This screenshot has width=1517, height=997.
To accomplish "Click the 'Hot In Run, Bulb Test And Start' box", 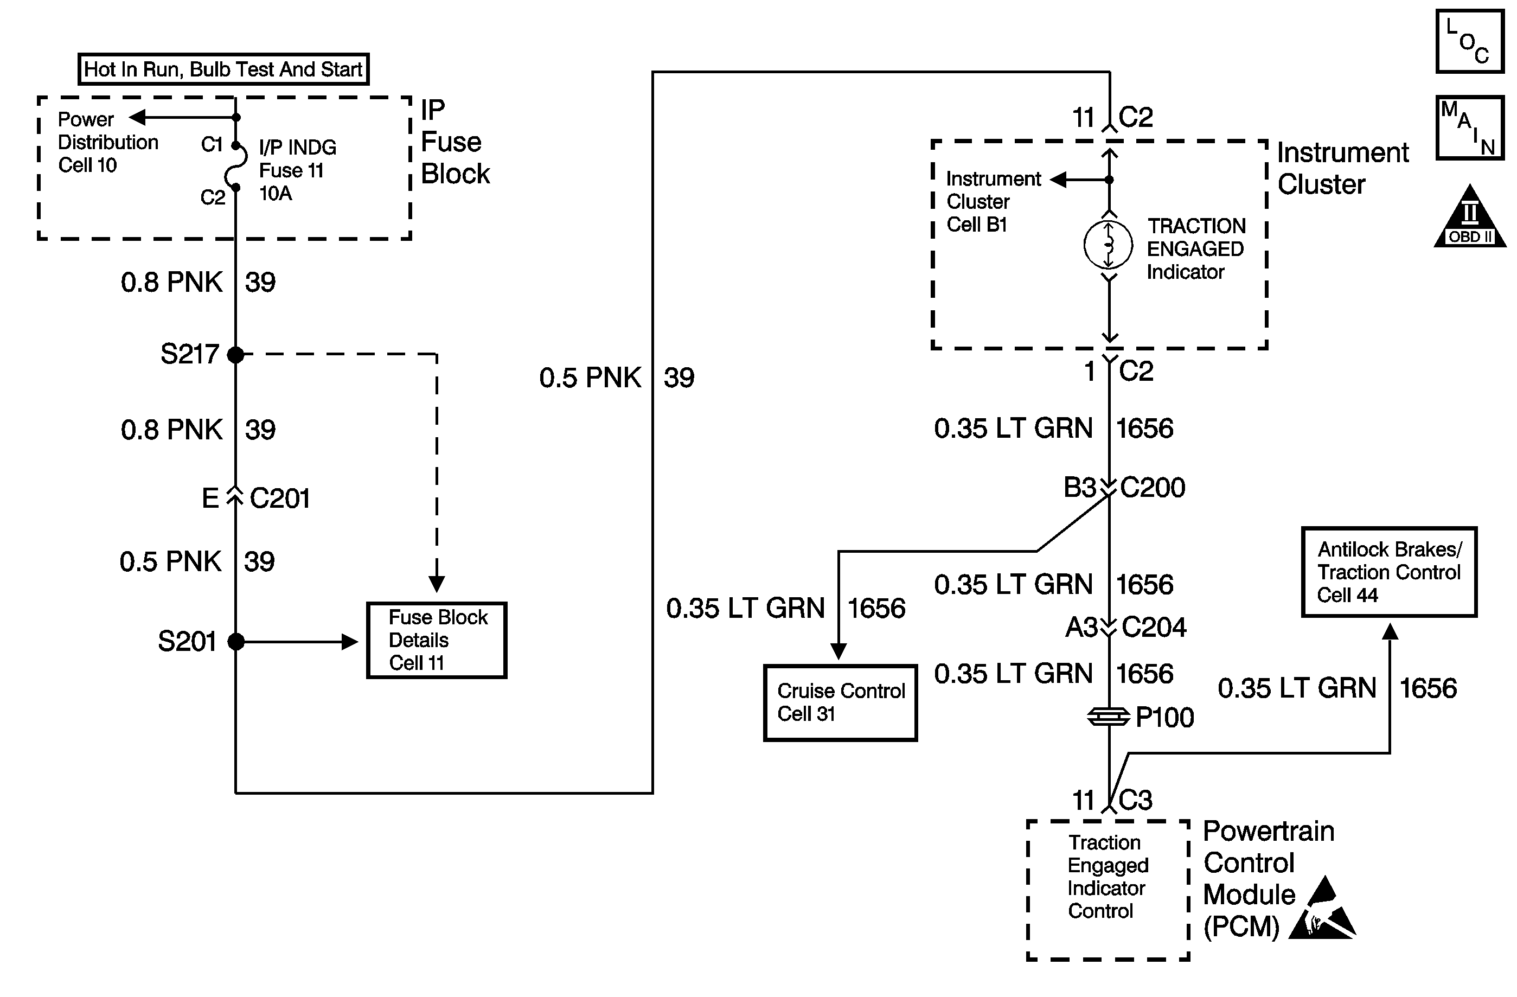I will (x=223, y=69).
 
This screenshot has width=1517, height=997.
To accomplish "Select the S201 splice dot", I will (x=236, y=641).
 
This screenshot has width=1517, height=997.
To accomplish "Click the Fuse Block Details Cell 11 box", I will (x=437, y=640).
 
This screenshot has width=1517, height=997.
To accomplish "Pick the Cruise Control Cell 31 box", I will (x=840, y=702).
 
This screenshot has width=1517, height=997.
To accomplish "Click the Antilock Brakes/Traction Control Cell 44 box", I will (x=1389, y=572).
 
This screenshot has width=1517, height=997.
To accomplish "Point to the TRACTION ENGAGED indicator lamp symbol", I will (x=1109, y=245).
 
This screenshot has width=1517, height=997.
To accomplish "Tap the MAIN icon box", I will (x=1470, y=128).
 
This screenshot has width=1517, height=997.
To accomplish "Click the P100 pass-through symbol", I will (x=1109, y=717).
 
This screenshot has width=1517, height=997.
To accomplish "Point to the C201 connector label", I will (x=280, y=498).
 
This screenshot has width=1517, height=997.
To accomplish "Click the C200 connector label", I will (x=1153, y=488).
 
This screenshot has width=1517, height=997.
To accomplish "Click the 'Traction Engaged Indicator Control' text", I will (x=1107, y=877).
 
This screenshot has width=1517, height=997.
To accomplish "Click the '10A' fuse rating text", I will (x=276, y=193).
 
